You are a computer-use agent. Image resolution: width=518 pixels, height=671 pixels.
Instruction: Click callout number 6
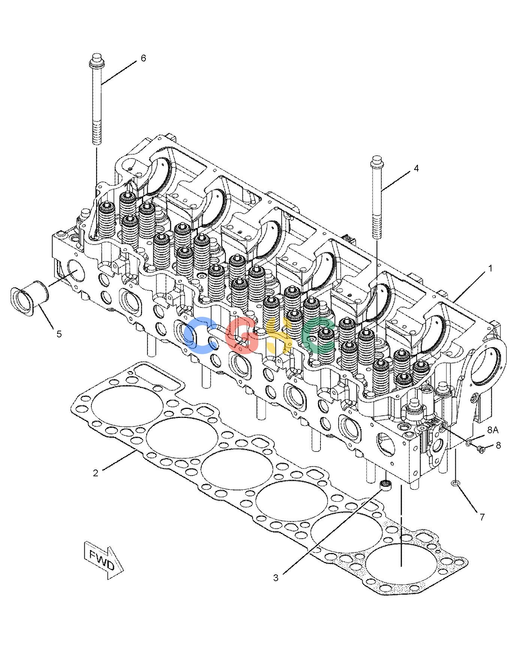pyautogui.click(x=143, y=58)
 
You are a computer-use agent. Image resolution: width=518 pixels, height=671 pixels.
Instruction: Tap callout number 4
pyautogui.click(x=416, y=168)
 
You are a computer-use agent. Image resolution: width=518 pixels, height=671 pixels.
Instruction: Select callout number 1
pyautogui.click(x=490, y=268)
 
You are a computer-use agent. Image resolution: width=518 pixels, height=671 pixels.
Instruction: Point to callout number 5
pyautogui.click(x=59, y=334)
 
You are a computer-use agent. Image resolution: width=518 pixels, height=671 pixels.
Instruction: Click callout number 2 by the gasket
pyautogui.click(x=96, y=473)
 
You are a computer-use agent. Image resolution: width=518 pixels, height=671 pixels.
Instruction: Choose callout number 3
pyautogui.click(x=275, y=578)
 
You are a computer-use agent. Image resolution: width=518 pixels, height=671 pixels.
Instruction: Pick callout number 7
pyautogui.click(x=482, y=517)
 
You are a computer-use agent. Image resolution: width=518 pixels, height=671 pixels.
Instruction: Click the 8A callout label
pyautogui.click(x=493, y=430)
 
